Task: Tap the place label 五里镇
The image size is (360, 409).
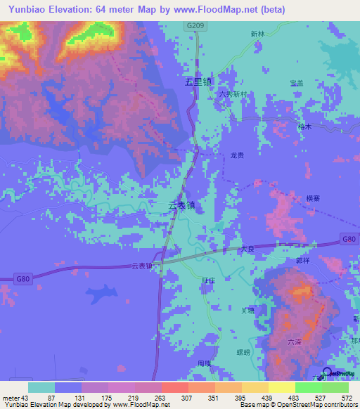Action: (198, 81)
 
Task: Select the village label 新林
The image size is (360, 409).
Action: (259, 34)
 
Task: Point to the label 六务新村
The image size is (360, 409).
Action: (233, 94)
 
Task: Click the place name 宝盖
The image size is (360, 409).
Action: (296, 84)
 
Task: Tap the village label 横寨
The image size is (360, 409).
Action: (314, 200)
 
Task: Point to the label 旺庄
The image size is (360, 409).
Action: (208, 280)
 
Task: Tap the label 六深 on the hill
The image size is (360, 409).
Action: (295, 342)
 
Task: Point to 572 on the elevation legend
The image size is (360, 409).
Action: (347, 398)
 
